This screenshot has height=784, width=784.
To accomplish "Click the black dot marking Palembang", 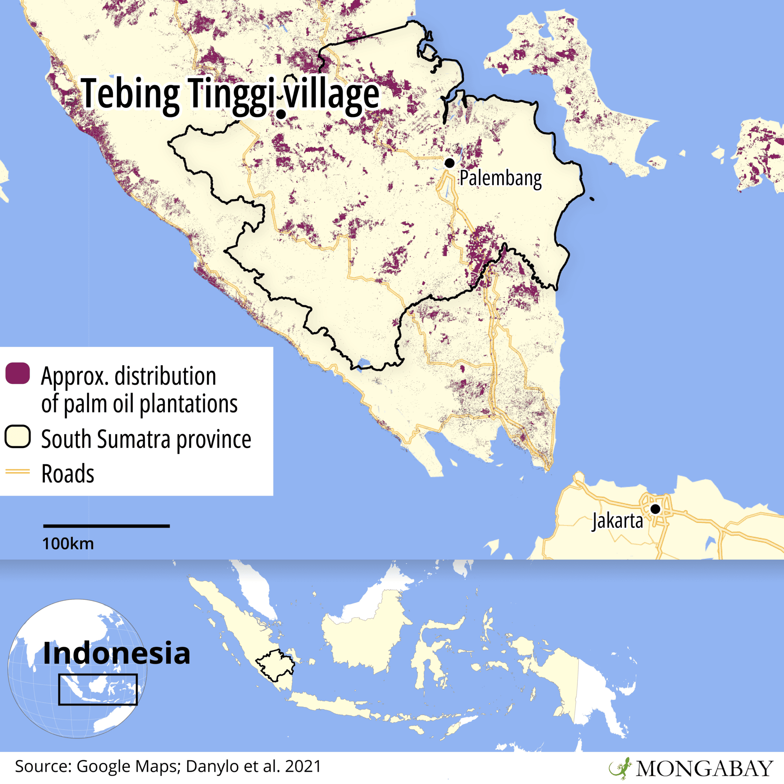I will coord(449,163).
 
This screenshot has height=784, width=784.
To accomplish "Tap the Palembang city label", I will coord(500,178).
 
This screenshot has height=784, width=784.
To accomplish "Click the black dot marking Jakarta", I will coord(655,509).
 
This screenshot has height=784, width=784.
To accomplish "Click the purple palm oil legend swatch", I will coord(18,373).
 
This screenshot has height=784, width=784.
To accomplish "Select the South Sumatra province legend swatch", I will coord(18,437).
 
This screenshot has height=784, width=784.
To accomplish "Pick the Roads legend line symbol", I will coord(18,472).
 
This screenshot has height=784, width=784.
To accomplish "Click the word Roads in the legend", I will coord(68,474).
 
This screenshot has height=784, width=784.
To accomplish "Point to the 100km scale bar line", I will coord(106,526).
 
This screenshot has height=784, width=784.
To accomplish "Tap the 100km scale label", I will coord(68,544).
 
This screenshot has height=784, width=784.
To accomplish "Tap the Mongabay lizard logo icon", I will coord(620,768).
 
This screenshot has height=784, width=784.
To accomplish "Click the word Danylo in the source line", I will coord(211,766).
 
